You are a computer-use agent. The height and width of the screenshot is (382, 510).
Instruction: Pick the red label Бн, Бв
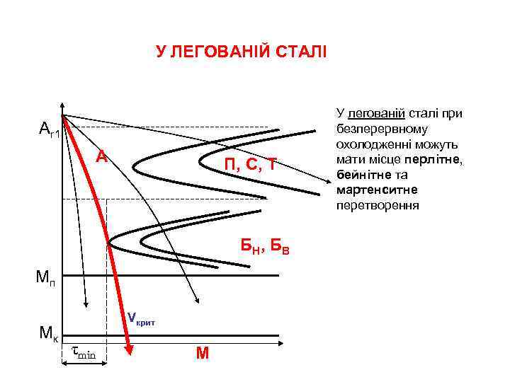coord(264,246)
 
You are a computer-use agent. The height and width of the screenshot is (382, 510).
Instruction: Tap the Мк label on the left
coord(48,332)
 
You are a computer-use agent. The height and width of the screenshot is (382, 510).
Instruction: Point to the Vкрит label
coord(141,320)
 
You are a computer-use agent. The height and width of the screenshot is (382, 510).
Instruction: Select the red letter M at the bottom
coord(203,353)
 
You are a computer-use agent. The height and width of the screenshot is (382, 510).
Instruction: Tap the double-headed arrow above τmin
coord(84,364)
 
